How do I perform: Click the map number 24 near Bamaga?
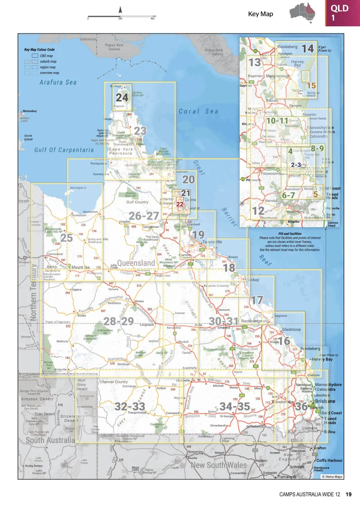[x=122, y=97]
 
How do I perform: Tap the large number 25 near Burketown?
[x=66, y=238]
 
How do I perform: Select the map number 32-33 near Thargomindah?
[x=130, y=406]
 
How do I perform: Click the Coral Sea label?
[x=198, y=111]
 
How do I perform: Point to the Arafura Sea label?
[x=58, y=82]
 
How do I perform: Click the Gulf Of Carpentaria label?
[x=64, y=150]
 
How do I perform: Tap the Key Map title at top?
[x=261, y=14]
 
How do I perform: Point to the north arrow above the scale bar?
[x=120, y=9]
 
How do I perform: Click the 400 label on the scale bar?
[x=153, y=19]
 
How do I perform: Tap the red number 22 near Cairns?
[x=180, y=204]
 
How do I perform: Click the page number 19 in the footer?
[x=349, y=494]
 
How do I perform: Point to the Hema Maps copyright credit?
[x=332, y=476]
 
